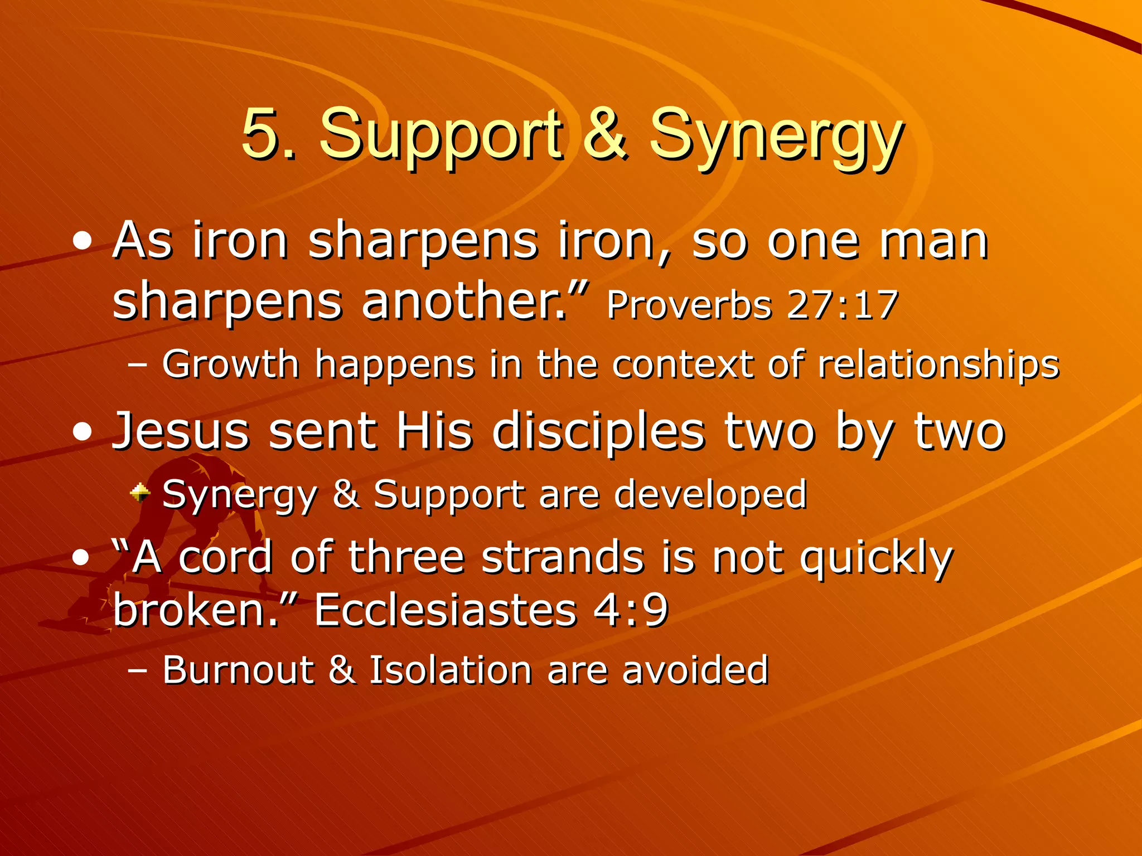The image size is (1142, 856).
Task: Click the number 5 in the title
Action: (x=261, y=134)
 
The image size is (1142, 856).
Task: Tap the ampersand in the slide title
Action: (x=607, y=134)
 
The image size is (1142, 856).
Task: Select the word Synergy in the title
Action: (x=776, y=137)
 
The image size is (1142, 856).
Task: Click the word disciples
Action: (x=599, y=432)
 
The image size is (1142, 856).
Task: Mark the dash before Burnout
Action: (x=137, y=670)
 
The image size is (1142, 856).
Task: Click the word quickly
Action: (x=876, y=558)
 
